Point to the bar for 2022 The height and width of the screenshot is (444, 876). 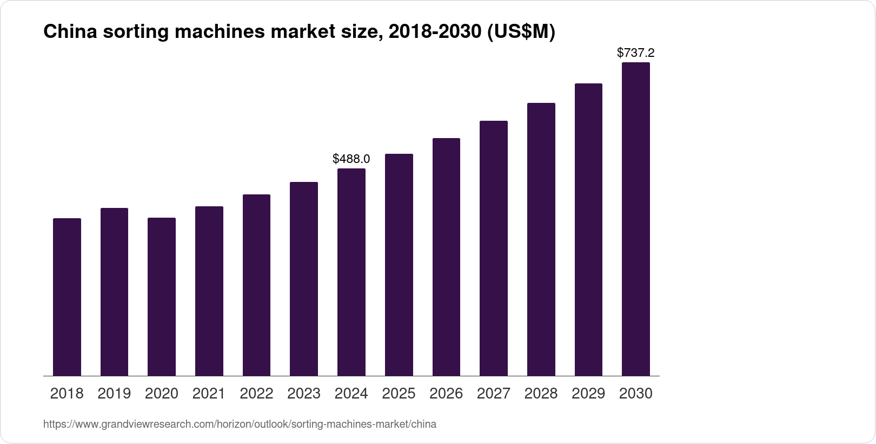(x=256, y=285)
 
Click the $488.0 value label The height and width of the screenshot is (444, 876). (x=351, y=159)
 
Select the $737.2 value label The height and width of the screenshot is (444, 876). (x=636, y=53)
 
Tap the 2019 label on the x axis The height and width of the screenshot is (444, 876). (x=114, y=394)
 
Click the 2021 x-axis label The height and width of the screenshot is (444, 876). (x=209, y=394)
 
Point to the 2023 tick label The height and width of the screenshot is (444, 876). (x=304, y=394)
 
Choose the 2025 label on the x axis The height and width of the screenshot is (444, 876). (x=399, y=394)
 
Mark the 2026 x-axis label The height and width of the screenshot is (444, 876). (x=446, y=394)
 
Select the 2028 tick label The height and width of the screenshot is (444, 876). (x=541, y=394)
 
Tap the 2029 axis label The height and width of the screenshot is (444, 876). (x=588, y=394)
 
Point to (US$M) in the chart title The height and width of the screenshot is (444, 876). (x=521, y=32)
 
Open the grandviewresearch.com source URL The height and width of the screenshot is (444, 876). (x=240, y=425)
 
